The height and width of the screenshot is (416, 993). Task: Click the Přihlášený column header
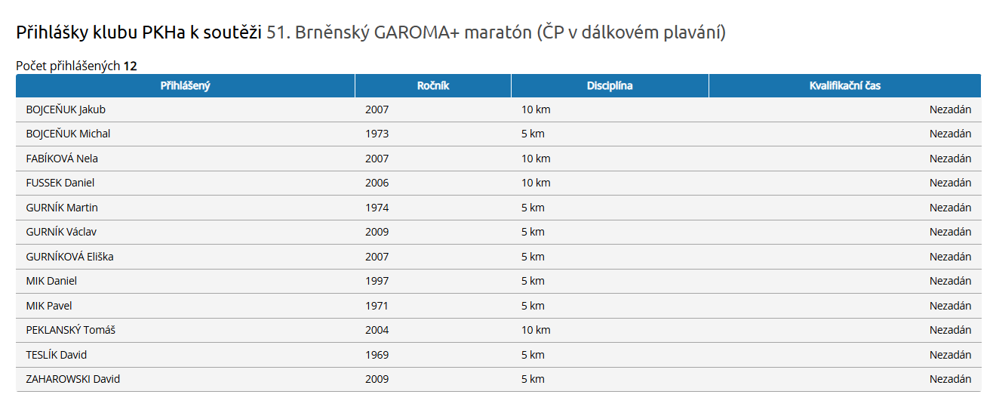[x=185, y=86]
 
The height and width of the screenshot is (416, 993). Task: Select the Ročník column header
[x=433, y=86]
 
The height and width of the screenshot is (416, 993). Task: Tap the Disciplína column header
[x=610, y=86]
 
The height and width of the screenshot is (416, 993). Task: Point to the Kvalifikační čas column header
[x=844, y=86]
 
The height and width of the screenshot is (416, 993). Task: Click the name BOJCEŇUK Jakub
[x=66, y=109]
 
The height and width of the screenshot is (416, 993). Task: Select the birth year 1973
[x=377, y=134]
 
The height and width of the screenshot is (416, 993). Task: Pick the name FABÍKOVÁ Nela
[x=62, y=159]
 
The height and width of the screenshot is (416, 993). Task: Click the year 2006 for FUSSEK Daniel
[x=377, y=183]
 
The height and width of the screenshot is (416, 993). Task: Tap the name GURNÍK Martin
[x=62, y=208]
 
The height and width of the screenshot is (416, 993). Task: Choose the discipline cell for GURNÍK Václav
[x=533, y=232]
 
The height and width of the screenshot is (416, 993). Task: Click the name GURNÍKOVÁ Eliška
[x=69, y=257]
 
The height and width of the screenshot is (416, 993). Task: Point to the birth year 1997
[x=377, y=281]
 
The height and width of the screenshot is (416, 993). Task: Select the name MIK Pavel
[x=49, y=306]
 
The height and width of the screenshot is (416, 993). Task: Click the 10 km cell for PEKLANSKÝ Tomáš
[x=536, y=330]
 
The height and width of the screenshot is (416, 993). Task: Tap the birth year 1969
[x=377, y=355]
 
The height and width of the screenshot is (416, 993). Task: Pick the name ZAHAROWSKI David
[x=73, y=379]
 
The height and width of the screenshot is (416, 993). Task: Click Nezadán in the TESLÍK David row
[x=950, y=355]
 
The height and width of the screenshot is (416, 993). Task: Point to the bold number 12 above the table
[x=131, y=66]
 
